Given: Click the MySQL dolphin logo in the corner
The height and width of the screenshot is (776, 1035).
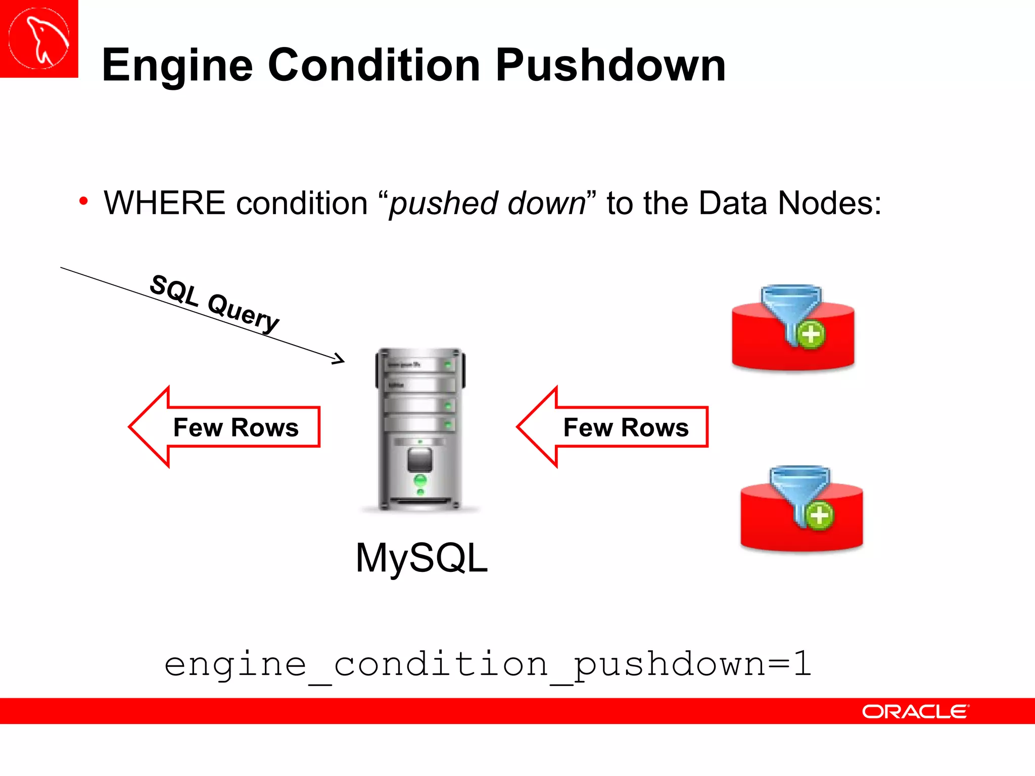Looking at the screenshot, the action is click(39, 38).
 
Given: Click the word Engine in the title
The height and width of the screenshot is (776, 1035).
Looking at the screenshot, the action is click(177, 66).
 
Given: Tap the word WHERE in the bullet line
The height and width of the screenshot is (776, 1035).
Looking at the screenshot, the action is click(164, 203).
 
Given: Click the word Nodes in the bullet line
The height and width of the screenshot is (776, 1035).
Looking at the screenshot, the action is click(829, 203).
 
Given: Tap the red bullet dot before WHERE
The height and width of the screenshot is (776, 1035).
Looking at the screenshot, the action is click(84, 202).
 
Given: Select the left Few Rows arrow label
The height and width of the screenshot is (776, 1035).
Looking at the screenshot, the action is click(236, 427).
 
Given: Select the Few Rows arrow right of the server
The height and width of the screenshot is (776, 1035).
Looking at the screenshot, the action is click(625, 427).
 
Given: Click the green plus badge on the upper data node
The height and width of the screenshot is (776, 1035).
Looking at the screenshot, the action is click(811, 334).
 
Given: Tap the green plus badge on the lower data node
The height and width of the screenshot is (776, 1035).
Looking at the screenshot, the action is click(819, 516).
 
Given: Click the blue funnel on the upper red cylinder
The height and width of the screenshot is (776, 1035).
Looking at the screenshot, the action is click(789, 306).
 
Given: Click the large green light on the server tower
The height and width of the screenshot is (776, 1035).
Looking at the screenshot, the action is click(420, 479).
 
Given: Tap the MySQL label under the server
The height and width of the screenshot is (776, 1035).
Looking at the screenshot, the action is click(421, 558).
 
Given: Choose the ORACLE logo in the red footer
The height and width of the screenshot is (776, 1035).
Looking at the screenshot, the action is click(915, 711).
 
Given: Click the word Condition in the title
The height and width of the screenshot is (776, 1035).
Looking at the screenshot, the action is click(374, 66).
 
